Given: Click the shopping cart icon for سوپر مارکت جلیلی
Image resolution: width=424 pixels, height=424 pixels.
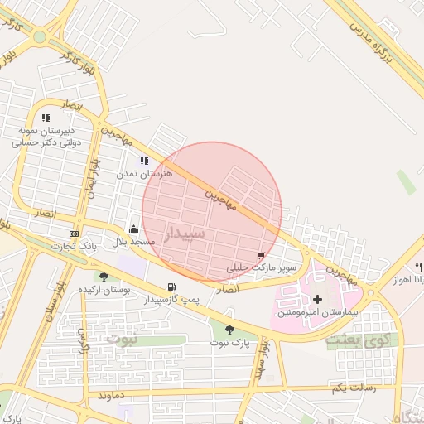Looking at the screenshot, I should (x=262, y=256).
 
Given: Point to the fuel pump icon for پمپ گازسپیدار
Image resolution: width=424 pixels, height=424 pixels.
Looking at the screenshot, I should (x=171, y=287).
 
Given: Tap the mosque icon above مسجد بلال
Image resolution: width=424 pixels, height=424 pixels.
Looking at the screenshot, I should (x=134, y=229).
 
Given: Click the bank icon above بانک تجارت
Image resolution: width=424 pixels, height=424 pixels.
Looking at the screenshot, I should (x=75, y=234).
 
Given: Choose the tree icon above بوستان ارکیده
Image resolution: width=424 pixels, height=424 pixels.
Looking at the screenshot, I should (x=104, y=277).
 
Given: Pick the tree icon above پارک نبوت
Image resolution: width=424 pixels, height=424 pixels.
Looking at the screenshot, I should (x=229, y=330).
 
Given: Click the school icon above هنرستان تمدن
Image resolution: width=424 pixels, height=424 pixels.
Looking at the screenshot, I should (x=144, y=161).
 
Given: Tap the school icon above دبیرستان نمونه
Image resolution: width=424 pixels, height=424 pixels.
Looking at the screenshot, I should (x=46, y=118).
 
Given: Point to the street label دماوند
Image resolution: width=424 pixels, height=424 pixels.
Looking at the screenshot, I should (x=111, y=396).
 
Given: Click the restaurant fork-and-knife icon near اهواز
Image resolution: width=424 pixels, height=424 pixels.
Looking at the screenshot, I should (x=419, y=267).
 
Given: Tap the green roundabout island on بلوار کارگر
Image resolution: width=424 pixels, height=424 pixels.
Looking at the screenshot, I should (x=40, y=36).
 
